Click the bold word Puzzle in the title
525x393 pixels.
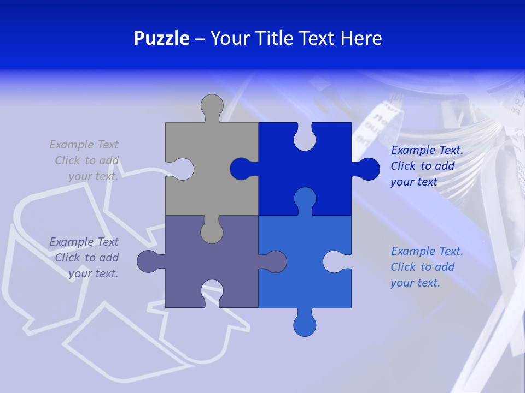point(161,38)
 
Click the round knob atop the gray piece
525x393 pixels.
point(212,105)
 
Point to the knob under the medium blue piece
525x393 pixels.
point(305,325)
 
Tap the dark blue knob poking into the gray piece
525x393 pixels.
point(241,169)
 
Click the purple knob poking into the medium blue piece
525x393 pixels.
point(275,261)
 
